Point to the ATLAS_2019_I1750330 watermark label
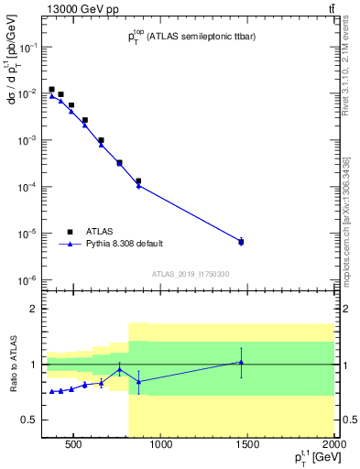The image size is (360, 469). tap(190, 274)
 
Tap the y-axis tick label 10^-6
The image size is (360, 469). tap(27, 280)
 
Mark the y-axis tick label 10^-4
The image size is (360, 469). tap(27, 187)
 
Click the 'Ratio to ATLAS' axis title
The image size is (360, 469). tap(13, 365)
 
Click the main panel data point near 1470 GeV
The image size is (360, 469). tap(241, 242)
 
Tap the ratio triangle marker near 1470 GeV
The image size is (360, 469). tap(241, 363)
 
